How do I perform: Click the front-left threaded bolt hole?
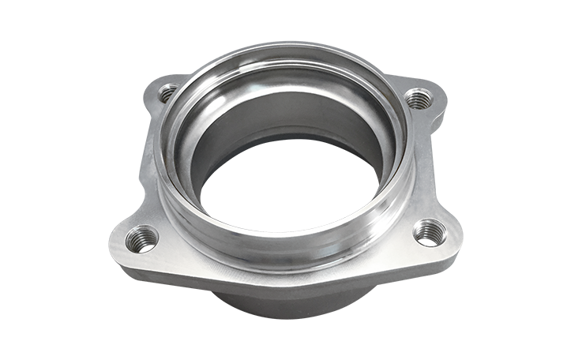[x=142, y=238]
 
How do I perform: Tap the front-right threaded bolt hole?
[x=429, y=232]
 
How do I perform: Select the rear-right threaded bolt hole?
[x=418, y=99]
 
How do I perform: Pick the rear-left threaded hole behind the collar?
[x=167, y=93]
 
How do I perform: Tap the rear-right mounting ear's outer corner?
[x=442, y=93]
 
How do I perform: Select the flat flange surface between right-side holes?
[x=430, y=166]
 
